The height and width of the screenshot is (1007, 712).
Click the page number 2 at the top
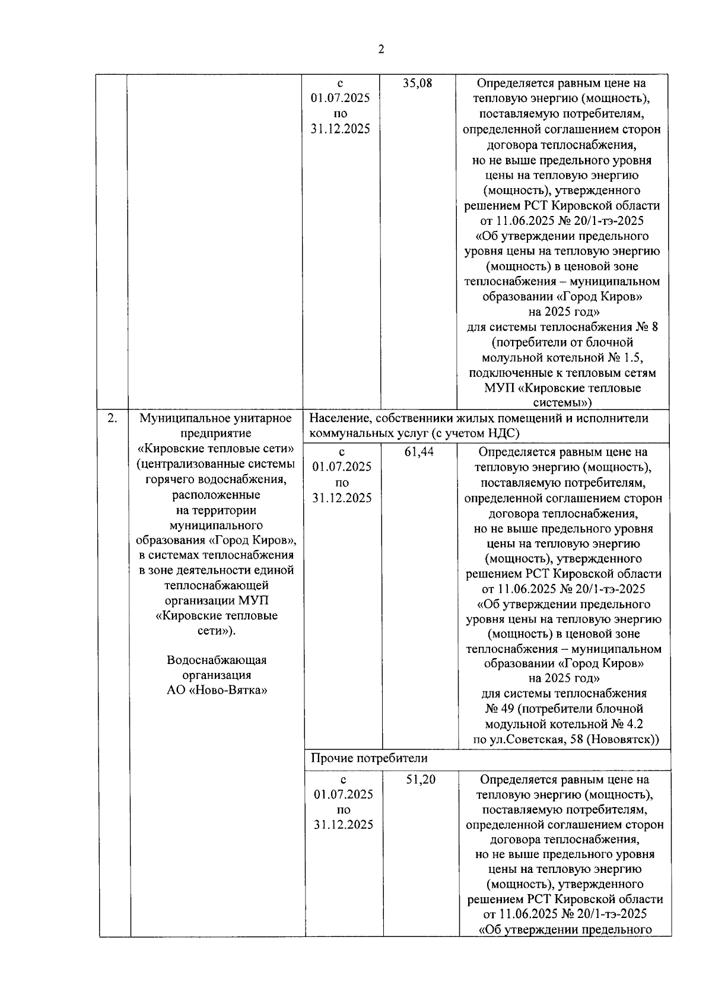[381, 49]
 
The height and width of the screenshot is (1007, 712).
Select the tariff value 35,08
[418, 83]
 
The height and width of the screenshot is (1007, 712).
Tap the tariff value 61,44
[419, 452]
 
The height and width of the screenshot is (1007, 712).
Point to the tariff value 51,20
[421, 780]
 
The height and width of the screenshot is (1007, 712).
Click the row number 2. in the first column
[112, 418]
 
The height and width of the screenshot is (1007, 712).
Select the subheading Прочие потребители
[369, 758]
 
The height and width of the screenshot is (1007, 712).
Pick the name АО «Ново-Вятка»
[217, 690]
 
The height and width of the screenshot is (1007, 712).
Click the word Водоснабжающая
[217, 660]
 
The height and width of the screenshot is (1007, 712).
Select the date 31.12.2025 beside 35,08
[341, 129]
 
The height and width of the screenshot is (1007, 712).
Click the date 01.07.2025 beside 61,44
[342, 467]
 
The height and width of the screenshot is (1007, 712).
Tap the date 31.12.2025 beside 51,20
[344, 825]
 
